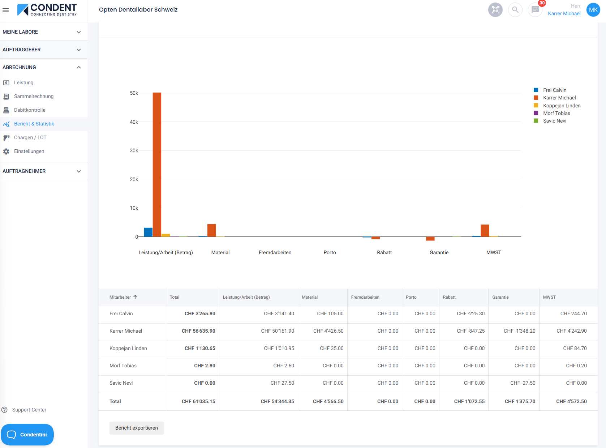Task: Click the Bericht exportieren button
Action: click(x=136, y=428)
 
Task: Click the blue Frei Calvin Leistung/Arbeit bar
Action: click(x=148, y=232)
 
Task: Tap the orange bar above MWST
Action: click(x=485, y=231)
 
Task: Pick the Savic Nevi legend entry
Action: click(x=554, y=121)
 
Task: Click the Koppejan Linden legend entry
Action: click(x=562, y=106)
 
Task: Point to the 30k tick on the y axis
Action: click(x=134, y=150)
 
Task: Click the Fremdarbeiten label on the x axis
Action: click(x=275, y=252)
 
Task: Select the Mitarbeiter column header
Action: click(x=120, y=297)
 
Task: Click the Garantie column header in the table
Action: click(x=500, y=297)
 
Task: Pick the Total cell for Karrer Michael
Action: click(x=198, y=331)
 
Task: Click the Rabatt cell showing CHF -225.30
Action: click(x=470, y=313)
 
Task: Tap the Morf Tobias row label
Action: click(x=123, y=366)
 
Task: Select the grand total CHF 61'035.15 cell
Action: click(x=198, y=401)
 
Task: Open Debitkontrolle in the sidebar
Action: click(x=30, y=110)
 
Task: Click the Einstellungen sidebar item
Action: click(x=29, y=151)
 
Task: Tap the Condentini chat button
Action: click(x=27, y=435)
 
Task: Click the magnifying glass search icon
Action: click(x=515, y=10)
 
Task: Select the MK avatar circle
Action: click(x=593, y=10)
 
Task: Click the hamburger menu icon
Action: click(x=5, y=10)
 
